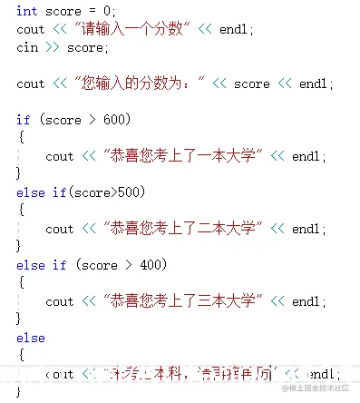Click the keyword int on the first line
27,11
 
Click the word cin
27,47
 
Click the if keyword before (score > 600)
24,120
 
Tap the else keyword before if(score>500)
31,192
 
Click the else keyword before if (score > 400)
31,265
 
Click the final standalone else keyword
31,338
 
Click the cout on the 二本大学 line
60,229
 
